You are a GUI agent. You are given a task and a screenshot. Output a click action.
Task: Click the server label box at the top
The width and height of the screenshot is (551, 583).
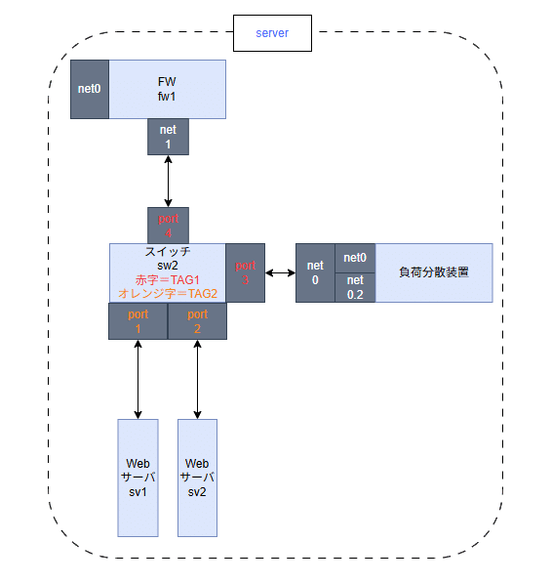coord(272,33)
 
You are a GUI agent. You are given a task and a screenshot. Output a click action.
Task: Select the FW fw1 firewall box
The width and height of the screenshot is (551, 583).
coord(167,89)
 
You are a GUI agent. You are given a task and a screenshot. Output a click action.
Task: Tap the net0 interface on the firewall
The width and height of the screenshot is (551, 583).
coord(90,89)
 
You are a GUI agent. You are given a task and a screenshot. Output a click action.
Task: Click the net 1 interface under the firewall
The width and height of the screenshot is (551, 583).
coord(168,137)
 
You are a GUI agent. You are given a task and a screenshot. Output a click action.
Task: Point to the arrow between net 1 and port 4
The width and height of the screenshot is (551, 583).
coord(168,181)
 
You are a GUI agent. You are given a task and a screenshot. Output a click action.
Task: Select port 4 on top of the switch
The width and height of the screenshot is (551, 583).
coord(168,226)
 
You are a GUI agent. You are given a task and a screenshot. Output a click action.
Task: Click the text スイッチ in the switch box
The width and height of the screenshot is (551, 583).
coord(167,251)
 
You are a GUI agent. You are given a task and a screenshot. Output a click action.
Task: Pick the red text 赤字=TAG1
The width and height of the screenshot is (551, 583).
coord(167,278)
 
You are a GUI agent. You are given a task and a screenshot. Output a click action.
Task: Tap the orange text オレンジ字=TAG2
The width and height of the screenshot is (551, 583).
coord(167,293)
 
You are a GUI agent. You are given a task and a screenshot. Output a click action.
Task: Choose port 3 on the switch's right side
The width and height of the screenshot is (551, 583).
coord(245,272)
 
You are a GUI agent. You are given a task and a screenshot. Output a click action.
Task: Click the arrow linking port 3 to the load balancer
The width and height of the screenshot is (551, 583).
coord(280,272)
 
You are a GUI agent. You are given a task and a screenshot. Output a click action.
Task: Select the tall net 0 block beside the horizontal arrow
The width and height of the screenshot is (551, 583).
coord(315,272)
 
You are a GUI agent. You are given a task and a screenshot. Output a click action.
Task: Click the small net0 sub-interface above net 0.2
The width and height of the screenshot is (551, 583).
coord(355,258)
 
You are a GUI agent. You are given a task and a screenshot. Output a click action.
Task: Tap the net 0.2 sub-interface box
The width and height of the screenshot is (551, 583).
coord(355,287)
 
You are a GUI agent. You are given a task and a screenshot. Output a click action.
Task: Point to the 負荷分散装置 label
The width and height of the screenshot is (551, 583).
coord(434,272)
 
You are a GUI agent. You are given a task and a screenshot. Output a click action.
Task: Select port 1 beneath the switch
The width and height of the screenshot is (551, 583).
coord(138,321)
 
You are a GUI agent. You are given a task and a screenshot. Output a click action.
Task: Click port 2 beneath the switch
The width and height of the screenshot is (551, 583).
coord(198,321)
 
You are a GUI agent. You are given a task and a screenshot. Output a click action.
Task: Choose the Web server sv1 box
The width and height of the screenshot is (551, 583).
coord(138,478)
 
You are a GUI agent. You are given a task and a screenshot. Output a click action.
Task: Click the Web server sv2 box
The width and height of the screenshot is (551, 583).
coord(198,478)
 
